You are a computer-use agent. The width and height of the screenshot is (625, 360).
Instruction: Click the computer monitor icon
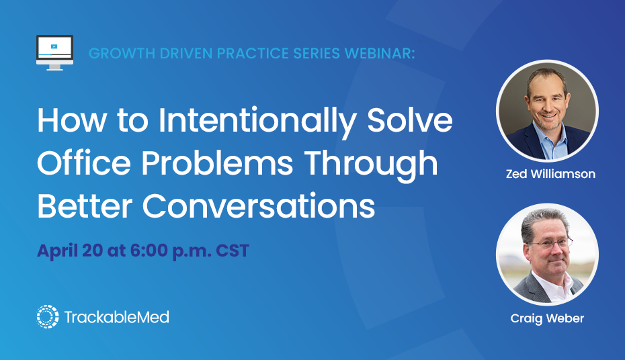click(x=54, y=52)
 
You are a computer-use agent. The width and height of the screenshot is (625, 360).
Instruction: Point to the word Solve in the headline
click(x=410, y=120)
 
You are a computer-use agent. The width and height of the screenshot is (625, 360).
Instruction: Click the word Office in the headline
click(x=84, y=163)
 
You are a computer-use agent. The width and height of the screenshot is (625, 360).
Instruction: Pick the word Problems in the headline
click(x=217, y=163)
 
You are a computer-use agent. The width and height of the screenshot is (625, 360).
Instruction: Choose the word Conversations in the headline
click(x=259, y=206)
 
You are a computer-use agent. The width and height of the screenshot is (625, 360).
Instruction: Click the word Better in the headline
click(x=85, y=206)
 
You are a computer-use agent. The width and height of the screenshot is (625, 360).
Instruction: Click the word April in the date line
click(x=58, y=251)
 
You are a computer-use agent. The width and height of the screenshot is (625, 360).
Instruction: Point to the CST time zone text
click(x=233, y=251)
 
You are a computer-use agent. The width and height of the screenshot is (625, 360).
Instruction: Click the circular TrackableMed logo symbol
click(x=48, y=316)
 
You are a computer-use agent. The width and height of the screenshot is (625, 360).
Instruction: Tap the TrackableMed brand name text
click(x=117, y=317)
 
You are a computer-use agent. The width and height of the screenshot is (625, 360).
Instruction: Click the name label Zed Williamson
click(x=550, y=174)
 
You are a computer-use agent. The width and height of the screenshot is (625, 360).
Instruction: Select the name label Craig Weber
click(x=547, y=318)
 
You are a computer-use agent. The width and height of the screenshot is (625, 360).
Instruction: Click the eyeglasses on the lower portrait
click(x=550, y=243)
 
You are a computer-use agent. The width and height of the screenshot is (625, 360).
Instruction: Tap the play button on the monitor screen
click(x=54, y=46)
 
